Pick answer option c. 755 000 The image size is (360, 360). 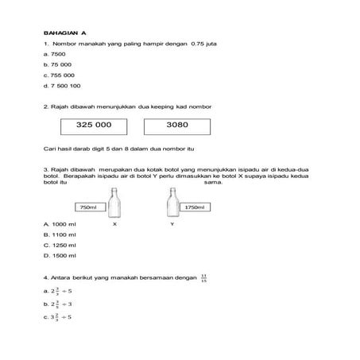click(58, 74)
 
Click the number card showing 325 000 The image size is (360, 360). click(94, 126)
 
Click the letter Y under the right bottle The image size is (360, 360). click(172, 225)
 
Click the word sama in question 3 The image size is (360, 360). click(211, 181)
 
